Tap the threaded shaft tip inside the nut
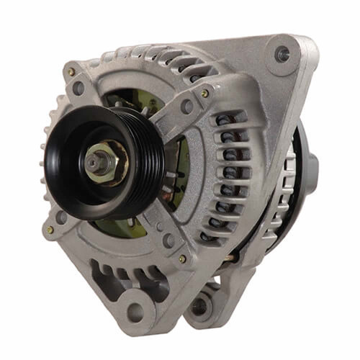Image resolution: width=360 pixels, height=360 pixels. click(95, 161)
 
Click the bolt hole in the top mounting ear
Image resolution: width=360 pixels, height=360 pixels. click(282, 53)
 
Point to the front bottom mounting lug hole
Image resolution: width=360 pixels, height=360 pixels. click(135, 312)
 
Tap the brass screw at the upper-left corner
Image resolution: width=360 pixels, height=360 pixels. click(71, 73)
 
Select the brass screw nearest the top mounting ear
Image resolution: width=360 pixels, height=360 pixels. click(205, 93)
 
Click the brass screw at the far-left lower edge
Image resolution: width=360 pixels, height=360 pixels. click(50, 230)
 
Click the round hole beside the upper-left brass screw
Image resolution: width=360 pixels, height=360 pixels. click(78, 89)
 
